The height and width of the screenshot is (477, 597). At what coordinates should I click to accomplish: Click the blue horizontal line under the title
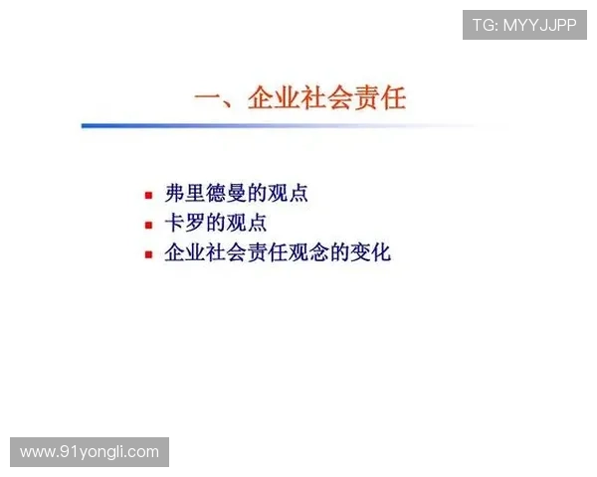click(x=289, y=126)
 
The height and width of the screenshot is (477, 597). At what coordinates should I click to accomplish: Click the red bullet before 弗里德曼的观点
click(x=148, y=195)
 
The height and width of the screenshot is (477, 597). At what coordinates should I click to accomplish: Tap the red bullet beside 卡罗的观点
click(x=148, y=225)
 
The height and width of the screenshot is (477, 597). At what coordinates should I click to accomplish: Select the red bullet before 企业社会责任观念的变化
click(x=148, y=254)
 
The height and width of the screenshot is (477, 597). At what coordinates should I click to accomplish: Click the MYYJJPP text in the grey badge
click(x=539, y=25)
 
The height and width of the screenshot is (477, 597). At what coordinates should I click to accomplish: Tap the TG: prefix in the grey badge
click(x=485, y=25)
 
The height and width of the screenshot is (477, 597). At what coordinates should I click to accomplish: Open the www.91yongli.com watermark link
click(x=90, y=452)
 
